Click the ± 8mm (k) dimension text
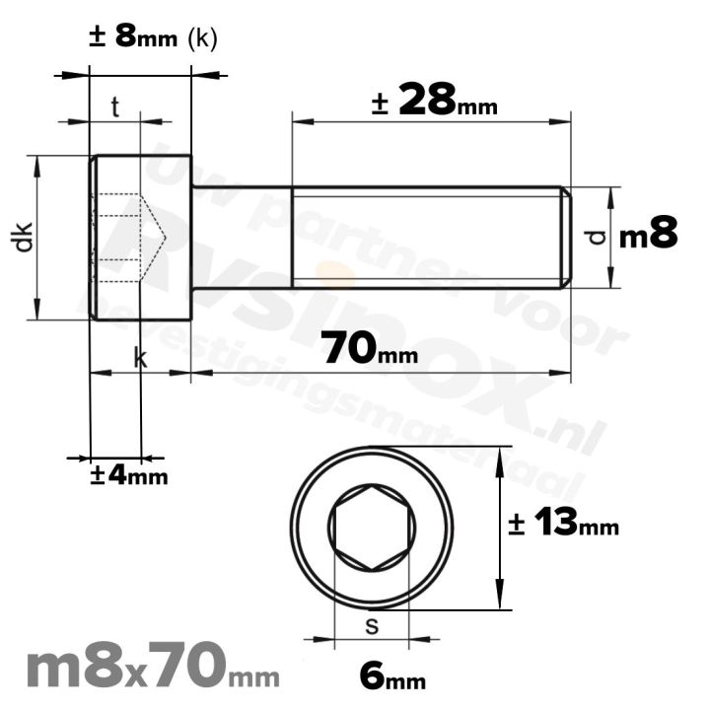pyautogui.click(x=153, y=37)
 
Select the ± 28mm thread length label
pyautogui.click(x=434, y=101)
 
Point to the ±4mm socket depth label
pyautogui.click(x=128, y=475)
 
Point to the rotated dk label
pyautogui.click(x=25, y=238)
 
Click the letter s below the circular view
pyautogui.click(x=372, y=625)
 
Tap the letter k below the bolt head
pyautogui.click(x=140, y=360)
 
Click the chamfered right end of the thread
pyautogui.click(x=566, y=237)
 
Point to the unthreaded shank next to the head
pyautogui.click(x=241, y=237)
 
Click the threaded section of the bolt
pyautogui.click(x=424, y=237)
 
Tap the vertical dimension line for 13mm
pyautogui.click(x=501, y=528)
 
